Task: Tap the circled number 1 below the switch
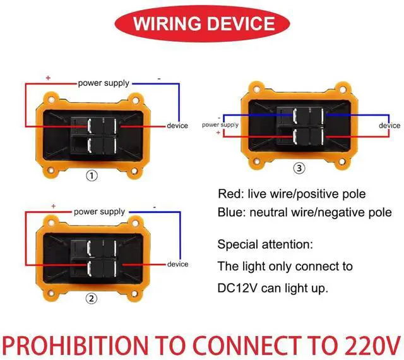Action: click(92, 176)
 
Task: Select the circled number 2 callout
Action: click(92, 299)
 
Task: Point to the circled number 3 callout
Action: click(299, 168)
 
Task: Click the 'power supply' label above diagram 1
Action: click(104, 83)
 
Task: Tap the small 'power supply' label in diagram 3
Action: click(220, 125)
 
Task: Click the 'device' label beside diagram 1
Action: click(177, 125)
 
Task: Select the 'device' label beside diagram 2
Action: click(177, 264)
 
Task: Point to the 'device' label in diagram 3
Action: click(389, 125)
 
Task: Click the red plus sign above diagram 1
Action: click(48, 78)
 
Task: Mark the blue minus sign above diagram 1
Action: click(159, 78)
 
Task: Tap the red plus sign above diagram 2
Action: click(54, 206)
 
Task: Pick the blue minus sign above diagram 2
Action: click(154, 207)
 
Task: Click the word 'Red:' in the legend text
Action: click(229, 194)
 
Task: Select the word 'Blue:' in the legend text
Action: click(231, 213)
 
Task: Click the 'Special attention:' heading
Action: click(264, 244)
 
